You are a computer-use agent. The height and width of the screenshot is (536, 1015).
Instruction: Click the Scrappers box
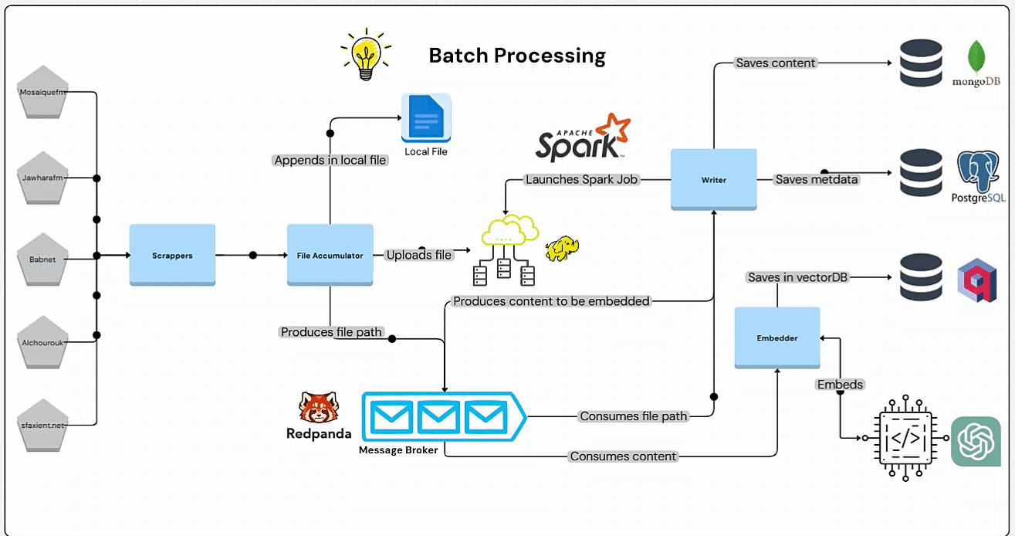coord(171,255)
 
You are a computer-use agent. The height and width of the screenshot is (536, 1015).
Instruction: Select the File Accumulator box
coord(330,255)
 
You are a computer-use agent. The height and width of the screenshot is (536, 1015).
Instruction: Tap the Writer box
coord(713,179)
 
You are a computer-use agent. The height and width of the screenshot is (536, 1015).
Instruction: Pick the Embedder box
coord(776,337)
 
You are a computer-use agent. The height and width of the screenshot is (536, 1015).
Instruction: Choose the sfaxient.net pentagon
coord(43,425)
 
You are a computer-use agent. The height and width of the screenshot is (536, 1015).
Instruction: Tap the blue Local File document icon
coord(425,118)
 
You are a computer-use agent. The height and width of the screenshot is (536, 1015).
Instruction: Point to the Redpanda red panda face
coord(317,409)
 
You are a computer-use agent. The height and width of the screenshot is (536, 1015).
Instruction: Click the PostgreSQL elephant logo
coord(979,171)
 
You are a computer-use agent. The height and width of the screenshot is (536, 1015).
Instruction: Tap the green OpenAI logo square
coord(976,442)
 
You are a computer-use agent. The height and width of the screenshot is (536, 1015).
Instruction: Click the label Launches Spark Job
coord(581,179)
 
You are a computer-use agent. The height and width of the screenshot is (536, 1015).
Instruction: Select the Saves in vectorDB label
coord(798,276)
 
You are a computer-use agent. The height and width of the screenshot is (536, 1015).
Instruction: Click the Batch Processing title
coord(517,56)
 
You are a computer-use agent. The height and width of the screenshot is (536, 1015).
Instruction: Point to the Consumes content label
coord(623,456)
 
